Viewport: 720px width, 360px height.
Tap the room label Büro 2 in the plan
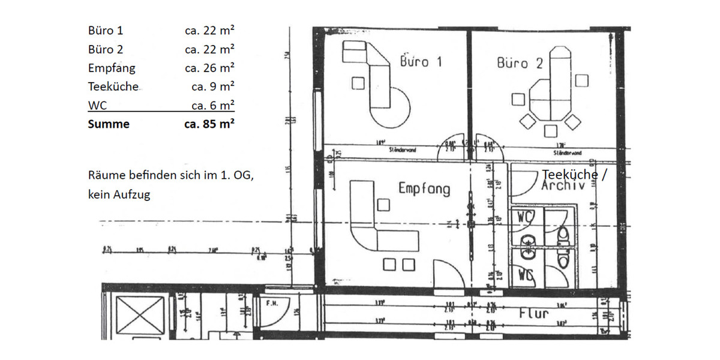(520, 62)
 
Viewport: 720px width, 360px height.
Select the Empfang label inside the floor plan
(424, 188)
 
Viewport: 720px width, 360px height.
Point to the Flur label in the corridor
(534, 313)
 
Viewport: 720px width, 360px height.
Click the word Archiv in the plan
(563, 185)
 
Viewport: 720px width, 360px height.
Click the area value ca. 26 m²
(209, 68)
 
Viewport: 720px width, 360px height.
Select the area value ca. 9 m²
(212, 86)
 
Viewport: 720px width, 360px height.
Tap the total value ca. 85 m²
(209, 124)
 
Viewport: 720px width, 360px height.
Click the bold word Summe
(109, 124)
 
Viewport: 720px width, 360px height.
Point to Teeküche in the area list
(113, 86)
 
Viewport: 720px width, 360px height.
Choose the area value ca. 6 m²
(212, 106)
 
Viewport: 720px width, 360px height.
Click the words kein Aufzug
(119, 195)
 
